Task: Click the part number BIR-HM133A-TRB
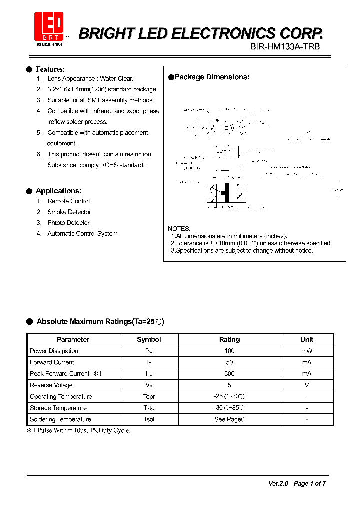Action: click(284, 46)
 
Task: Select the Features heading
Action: click(50, 69)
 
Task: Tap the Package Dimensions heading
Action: click(212, 77)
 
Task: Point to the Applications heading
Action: click(58, 191)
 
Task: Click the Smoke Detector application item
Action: click(69, 212)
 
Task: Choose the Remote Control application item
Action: click(69, 201)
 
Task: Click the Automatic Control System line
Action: click(82, 234)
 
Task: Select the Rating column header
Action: click(229, 339)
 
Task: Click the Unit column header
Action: click(307, 339)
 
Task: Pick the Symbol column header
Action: click(149, 339)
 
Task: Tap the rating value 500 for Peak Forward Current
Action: click(229, 374)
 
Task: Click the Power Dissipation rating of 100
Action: click(229, 351)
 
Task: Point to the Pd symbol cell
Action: click(149, 351)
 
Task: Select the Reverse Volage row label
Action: click(51, 385)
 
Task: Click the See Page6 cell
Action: click(229, 419)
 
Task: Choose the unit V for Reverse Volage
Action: click(307, 385)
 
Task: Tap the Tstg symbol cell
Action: click(149, 408)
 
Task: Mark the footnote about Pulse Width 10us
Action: click(80, 430)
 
